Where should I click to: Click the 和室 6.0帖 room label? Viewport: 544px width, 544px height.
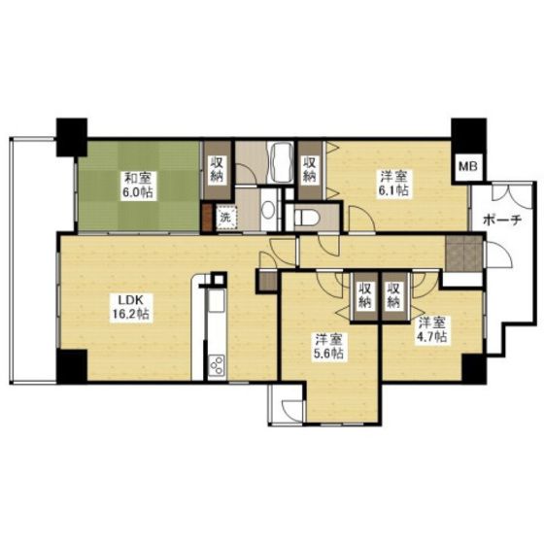point(138,185)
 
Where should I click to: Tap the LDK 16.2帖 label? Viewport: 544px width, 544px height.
point(130,306)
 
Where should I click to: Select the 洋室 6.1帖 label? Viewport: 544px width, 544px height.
point(393,184)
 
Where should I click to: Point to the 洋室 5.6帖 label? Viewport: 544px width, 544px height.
point(329,346)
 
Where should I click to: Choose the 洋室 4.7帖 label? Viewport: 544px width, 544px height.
point(431,329)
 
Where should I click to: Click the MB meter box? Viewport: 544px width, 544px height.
point(468,166)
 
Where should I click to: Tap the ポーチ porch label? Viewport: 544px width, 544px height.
point(502,220)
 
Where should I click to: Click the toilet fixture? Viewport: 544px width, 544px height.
point(307,218)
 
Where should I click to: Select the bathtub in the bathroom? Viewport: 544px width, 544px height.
point(282,162)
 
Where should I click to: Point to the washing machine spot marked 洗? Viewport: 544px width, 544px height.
point(225,218)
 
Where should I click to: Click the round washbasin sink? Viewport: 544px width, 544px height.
point(268,211)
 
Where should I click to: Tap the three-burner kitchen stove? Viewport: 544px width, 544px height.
point(218,365)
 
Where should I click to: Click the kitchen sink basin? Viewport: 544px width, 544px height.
point(217,300)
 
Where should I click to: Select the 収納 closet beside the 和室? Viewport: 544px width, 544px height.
point(218,170)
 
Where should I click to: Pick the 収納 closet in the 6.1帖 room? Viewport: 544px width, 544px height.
point(310,170)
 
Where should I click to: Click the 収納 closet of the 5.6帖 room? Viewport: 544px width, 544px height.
point(364,297)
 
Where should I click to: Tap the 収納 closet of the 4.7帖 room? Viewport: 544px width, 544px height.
point(394,297)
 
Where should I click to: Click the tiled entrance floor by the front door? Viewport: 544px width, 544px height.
point(463,253)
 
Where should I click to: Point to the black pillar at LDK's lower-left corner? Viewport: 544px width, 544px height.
point(72,366)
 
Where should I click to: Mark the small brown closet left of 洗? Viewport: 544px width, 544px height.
point(208,218)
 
